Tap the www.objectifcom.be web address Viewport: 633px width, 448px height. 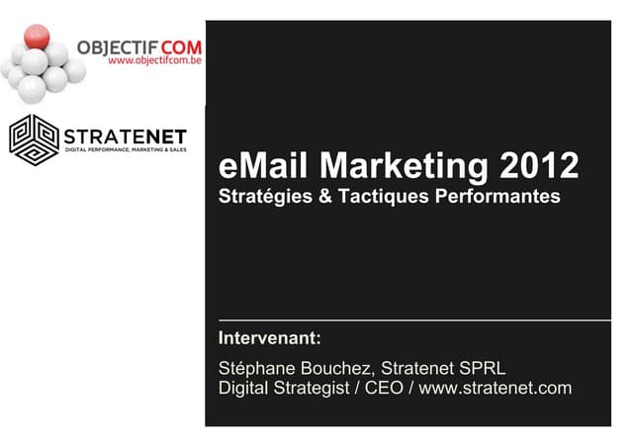pos(149,60)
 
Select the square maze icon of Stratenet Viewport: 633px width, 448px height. pos(34,139)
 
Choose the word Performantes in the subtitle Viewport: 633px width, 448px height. pos(498,197)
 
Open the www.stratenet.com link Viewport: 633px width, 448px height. pos(495,388)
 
